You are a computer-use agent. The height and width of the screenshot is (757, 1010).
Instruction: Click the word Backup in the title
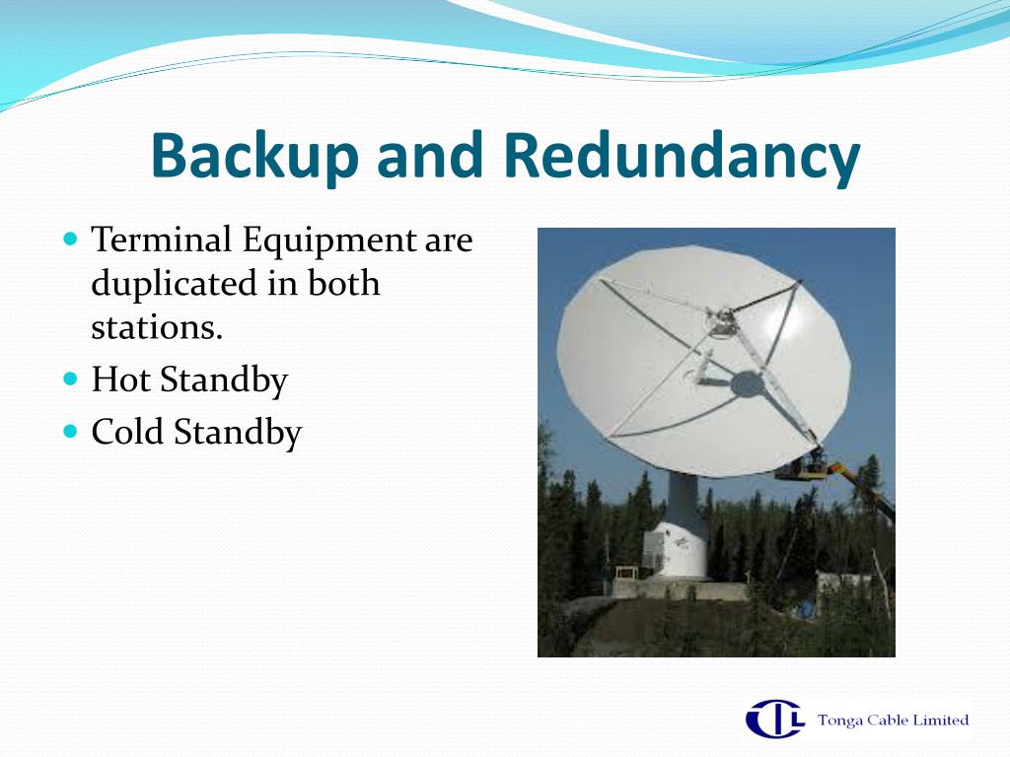[x=254, y=157]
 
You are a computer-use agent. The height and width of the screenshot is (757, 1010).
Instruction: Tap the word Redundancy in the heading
[x=681, y=157]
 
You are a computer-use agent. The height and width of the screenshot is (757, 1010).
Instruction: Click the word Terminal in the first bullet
[x=161, y=240]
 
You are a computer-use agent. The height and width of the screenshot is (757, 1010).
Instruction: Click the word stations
[x=157, y=327]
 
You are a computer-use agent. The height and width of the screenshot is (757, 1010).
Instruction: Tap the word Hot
[x=121, y=379]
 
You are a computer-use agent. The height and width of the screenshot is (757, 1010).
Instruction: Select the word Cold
[x=126, y=432]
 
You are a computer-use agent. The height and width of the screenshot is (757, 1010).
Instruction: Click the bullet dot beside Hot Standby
[x=71, y=378]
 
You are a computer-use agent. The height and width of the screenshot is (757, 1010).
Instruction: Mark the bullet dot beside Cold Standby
[x=71, y=430]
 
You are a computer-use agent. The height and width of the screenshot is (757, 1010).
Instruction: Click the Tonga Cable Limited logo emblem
[x=775, y=719]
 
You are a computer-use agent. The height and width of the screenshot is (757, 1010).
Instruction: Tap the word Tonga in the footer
[x=839, y=720]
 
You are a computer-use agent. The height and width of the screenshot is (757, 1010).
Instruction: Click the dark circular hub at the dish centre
[x=748, y=384]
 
